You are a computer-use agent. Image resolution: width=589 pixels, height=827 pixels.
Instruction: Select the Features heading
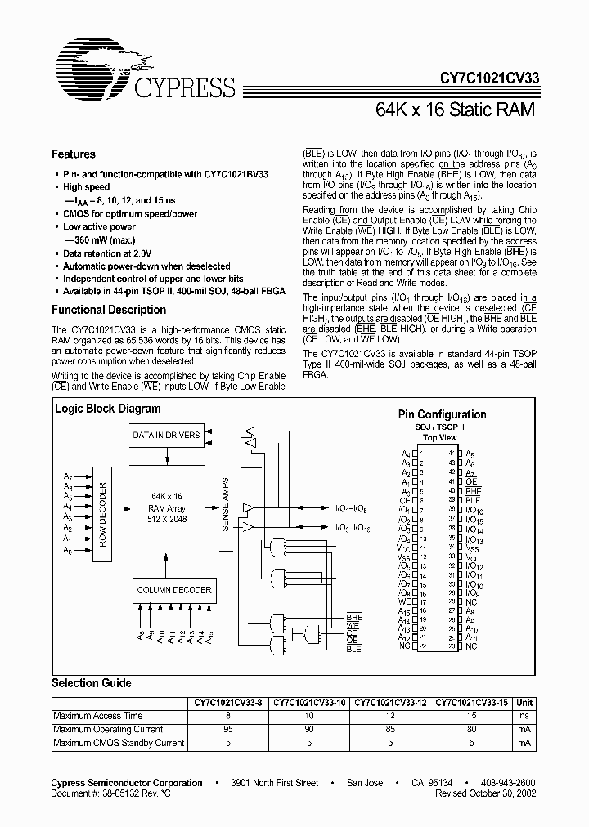click(x=74, y=154)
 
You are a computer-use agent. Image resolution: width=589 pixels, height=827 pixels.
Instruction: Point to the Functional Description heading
click(x=109, y=310)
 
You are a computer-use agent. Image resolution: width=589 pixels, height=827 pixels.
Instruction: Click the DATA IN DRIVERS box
click(x=166, y=435)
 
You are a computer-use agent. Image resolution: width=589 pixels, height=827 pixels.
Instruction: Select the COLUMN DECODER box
click(x=174, y=589)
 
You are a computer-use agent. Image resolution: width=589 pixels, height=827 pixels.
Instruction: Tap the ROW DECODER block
click(x=104, y=513)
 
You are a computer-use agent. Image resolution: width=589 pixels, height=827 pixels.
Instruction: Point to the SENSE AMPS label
click(x=227, y=505)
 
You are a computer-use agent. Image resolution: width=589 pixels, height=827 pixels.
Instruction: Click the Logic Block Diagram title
click(x=108, y=409)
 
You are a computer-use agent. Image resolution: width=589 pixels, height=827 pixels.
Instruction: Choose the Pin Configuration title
click(x=442, y=414)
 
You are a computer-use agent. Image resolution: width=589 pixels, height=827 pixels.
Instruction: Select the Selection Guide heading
click(x=92, y=683)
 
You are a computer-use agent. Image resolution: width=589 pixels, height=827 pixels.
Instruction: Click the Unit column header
click(x=524, y=702)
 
